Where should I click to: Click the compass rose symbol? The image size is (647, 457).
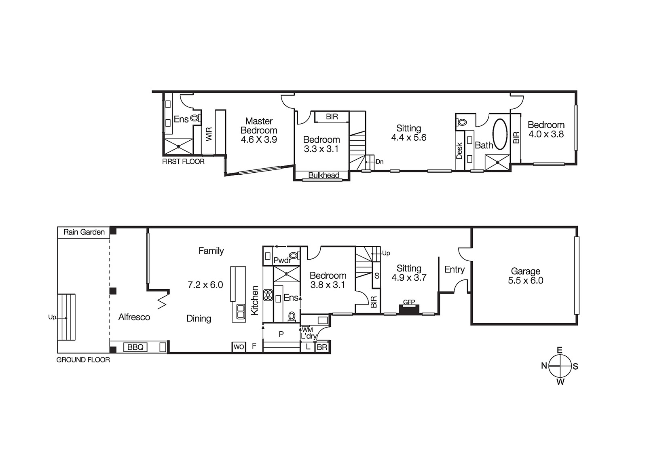click(560, 366)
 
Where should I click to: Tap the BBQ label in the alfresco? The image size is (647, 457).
click(135, 347)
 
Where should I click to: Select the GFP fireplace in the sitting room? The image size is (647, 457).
click(409, 309)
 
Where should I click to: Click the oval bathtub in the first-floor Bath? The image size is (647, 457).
click(500, 135)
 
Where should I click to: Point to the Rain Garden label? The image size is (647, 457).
click(84, 232)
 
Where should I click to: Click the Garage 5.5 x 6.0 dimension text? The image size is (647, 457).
click(525, 281)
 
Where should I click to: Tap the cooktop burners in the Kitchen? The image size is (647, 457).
click(268, 295)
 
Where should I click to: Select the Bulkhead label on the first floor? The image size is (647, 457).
click(323, 175)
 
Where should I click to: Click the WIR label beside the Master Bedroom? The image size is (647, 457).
click(209, 134)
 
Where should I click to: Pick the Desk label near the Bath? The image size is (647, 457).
click(459, 150)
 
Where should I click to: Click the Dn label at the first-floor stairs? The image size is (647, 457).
click(379, 162)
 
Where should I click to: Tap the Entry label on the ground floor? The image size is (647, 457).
click(454, 269)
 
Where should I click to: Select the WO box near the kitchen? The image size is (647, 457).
click(239, 347)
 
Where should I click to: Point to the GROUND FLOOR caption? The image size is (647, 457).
click(83, 360)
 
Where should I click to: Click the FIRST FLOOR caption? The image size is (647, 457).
click(183, 161)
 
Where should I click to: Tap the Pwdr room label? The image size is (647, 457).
click(282, 260)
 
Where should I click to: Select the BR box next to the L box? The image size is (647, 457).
click(322, 347)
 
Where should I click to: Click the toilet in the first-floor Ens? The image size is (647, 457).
click(195, 118)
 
